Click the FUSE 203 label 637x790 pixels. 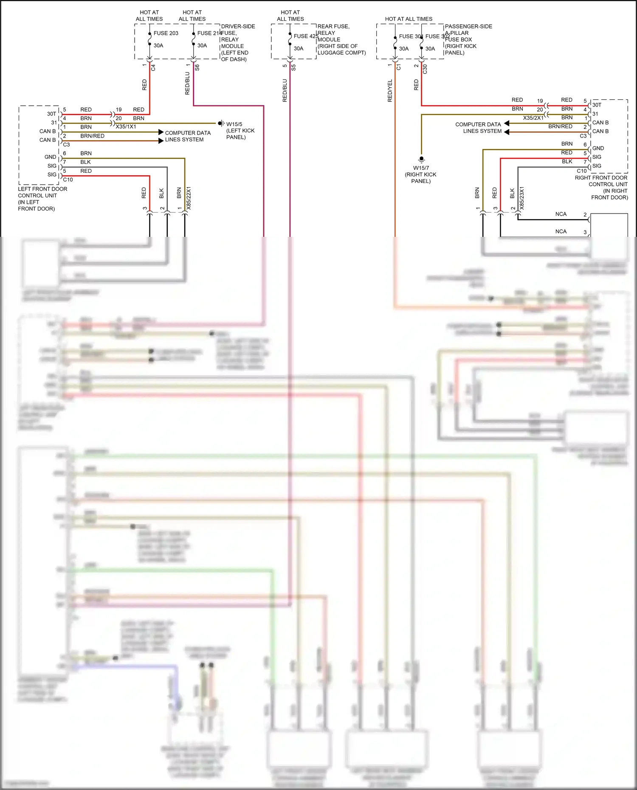click(x=166, y=33)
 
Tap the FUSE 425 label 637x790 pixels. click(x=306, y=36)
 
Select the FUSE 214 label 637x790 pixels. click(x=209, y=33)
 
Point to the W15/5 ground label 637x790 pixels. click(x=234, y=124)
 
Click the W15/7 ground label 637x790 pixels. click(x=421, y=168)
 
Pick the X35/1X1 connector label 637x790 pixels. click(x=126, y=127)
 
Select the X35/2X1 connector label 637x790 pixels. click(x=533, y=118)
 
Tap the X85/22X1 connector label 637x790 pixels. click(x=189, y=198)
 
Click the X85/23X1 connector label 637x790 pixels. click(x=522, y=198)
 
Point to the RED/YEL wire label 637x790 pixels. click(x=390, y=90)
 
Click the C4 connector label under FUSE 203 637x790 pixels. click(x=153, y=67)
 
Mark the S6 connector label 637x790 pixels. click(x=197, y=67)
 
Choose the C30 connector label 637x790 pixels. click(x=425, y=69)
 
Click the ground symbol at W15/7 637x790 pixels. click(x=421, y=160)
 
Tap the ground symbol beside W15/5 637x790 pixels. click(x=221, y=123)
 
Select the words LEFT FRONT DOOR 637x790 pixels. click(x=42, y=189)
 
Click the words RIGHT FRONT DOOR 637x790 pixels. click(x=601, y=178)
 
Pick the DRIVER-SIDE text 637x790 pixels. click(x=238, y=26)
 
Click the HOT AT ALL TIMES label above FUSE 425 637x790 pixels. click(x=290, y=16)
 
